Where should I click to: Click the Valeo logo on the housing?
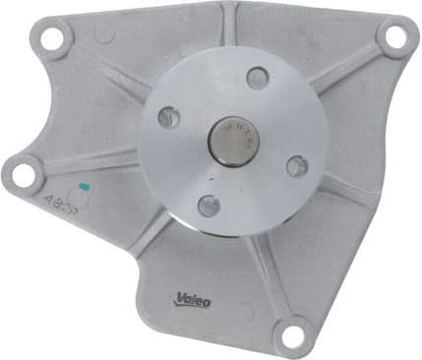194,299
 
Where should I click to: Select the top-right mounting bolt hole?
394,37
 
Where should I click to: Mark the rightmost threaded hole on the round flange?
296,165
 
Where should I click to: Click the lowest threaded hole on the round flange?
208,205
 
